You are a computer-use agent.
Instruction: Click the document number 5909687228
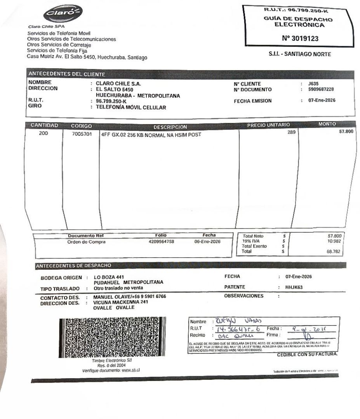tap(321, 89)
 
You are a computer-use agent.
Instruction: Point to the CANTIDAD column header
tap(44, 126)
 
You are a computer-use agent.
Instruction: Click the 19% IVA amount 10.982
tap(336, 241)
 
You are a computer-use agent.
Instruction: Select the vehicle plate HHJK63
tap(294, 287)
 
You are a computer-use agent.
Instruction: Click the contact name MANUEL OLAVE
tap(113, 296)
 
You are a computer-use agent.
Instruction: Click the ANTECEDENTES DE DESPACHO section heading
tap(73, 266)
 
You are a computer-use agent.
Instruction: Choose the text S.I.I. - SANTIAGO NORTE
tap(300, 55)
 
